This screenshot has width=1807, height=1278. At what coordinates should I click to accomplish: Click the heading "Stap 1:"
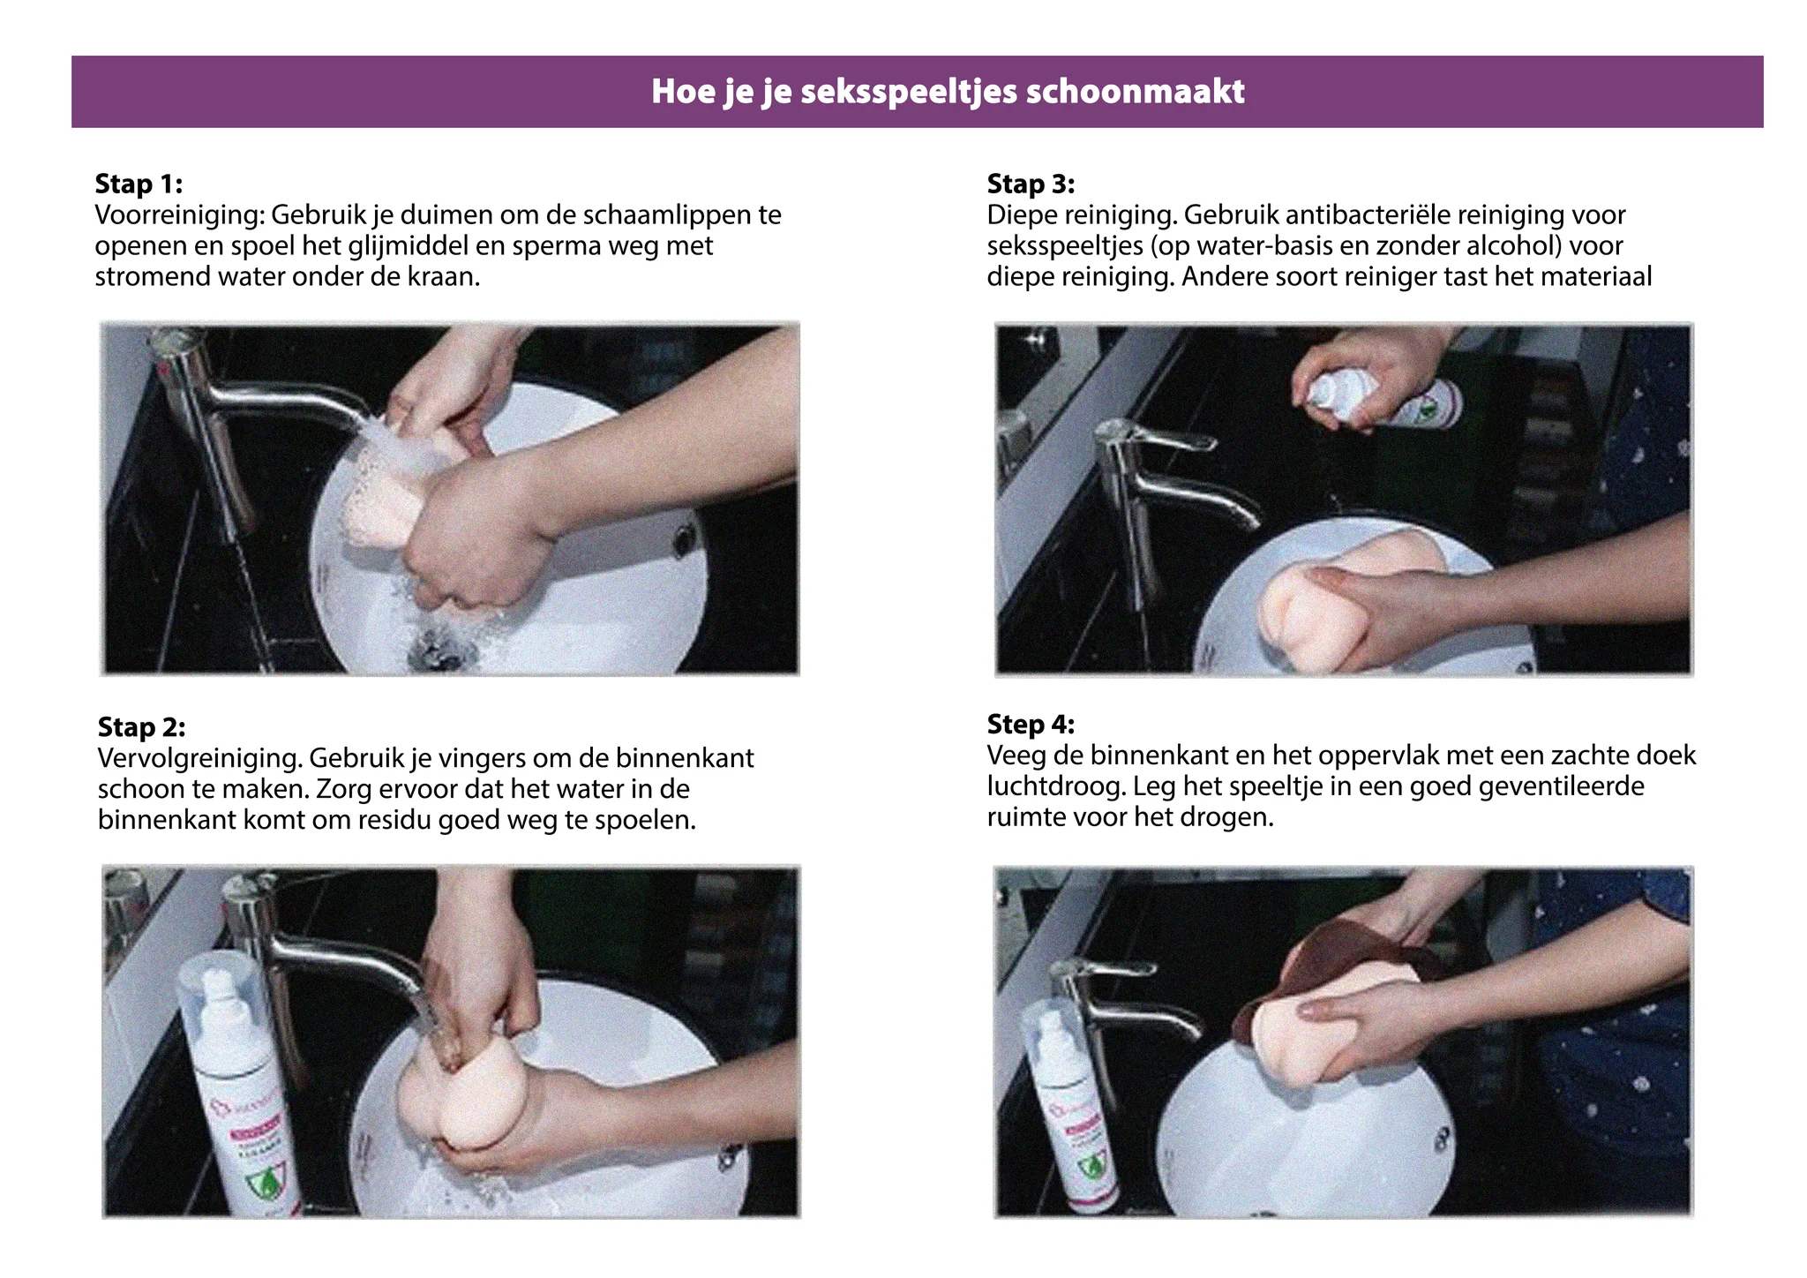139,184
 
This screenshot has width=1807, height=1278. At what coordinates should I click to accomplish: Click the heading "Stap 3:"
1031,184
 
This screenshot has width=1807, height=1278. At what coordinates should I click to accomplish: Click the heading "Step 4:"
1031,724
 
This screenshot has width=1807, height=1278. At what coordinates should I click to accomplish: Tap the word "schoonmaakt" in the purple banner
1136,91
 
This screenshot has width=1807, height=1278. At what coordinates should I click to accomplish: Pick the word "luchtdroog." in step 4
1056,786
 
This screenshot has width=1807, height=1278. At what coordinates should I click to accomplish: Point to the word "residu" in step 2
394,821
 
